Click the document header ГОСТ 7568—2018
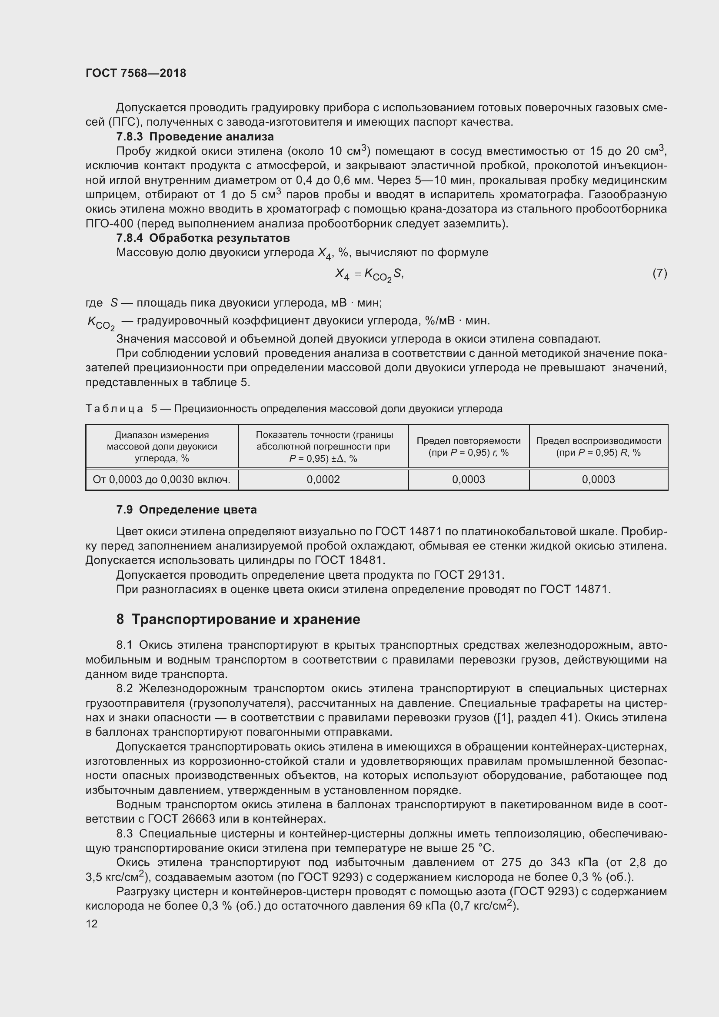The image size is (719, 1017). tap(136, 73)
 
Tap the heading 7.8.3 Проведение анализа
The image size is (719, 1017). tap(195, 137)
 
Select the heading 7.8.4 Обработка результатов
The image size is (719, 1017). tap(203, 238)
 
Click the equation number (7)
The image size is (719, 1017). tap(659, 273)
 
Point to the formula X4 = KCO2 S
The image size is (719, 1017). tap(369, 275)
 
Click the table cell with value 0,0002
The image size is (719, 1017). tap(323, 479)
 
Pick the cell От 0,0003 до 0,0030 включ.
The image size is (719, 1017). tap(162, 479)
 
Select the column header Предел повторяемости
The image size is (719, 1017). tap(469, 446)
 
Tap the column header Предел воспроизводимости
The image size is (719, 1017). tap(598, 446)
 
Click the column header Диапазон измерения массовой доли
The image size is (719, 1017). tap(162, 446)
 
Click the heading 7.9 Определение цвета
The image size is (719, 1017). tap(186, 510)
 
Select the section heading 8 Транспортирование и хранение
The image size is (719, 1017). tap(238, 619)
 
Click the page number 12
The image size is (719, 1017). tap(92, 924)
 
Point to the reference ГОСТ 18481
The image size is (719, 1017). tap(350, 560)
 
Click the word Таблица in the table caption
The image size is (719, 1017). tap(114, 408)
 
